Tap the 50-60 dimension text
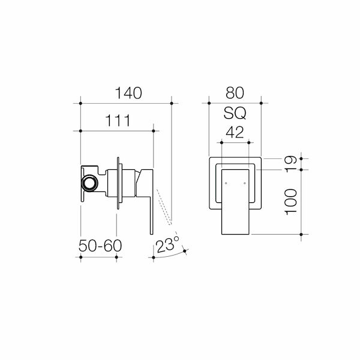coord(99,245)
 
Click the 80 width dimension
coord(235,93)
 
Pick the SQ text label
coord(235,113)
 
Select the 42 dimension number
coord(235,133)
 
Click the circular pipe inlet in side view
coord(89,182)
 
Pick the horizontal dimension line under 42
coord(235,143)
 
